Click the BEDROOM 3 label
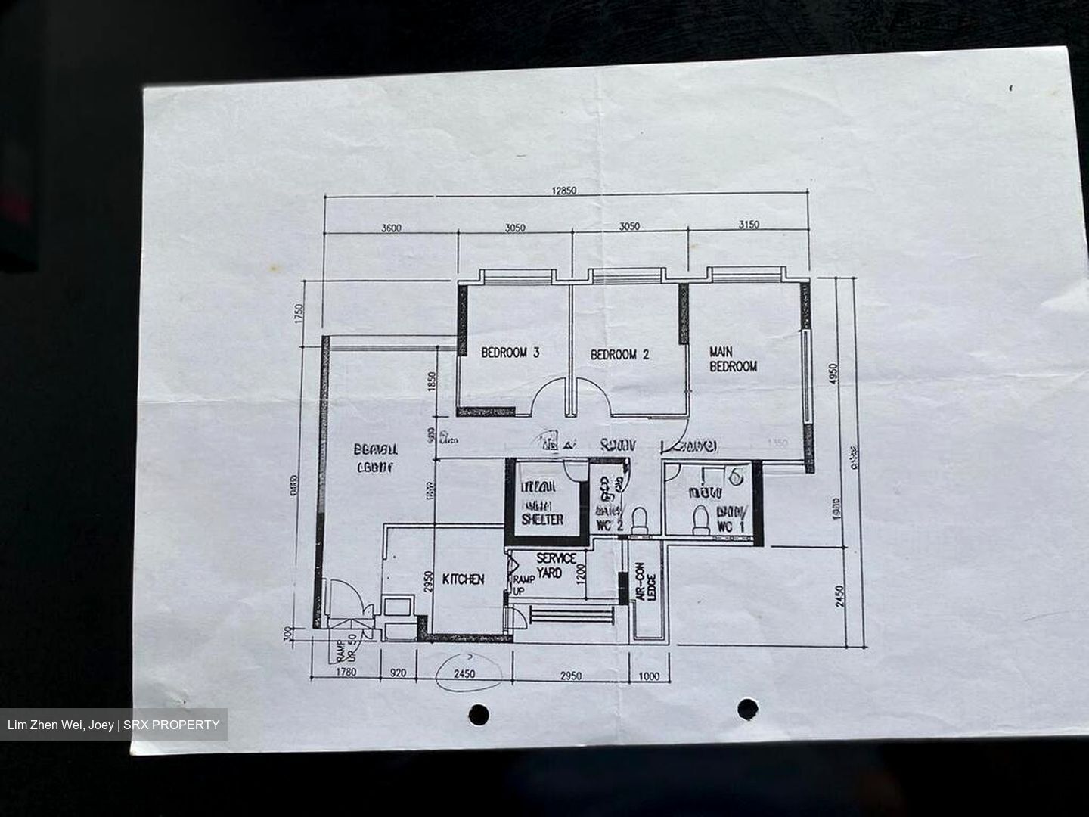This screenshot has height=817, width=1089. coord(510,353)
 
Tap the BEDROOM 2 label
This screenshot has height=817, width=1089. coord(619,354)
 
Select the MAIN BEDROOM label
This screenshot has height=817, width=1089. coord(732,359)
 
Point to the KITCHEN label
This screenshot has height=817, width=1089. coord(463,579)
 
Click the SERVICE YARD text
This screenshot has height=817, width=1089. coord(556,565)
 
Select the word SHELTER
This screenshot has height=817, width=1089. coord(542,520)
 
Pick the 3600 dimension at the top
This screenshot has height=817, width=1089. coord(391,227)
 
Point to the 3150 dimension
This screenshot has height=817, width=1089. coord(748,225)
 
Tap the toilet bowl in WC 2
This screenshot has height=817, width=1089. coord(640,520)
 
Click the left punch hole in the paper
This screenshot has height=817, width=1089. coord(478,713)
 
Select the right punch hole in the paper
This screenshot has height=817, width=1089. coord(747,708)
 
